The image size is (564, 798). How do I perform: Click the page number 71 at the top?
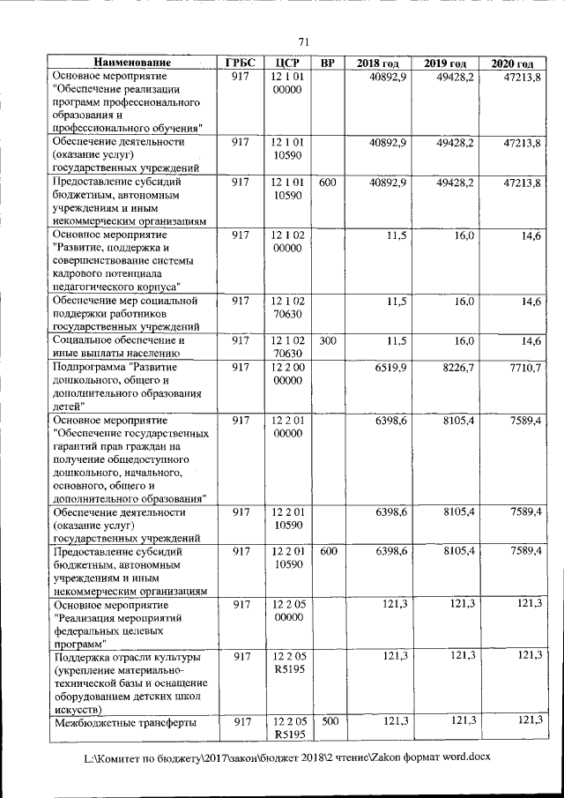point(303,42)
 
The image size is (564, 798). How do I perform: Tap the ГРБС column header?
point(240,63)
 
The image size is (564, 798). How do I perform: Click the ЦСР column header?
point(288,63)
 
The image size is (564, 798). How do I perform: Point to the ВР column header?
point(328,63)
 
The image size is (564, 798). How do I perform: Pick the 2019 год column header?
point(445,63)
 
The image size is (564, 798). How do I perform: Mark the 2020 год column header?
point(512,63)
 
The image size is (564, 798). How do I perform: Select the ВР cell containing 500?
point(328,721)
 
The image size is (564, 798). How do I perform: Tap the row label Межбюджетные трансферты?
point(123,722)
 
